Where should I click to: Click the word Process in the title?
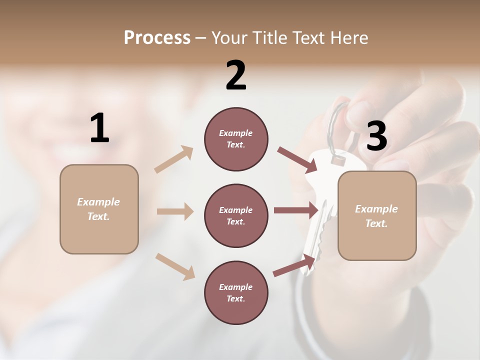(x=157, y=37)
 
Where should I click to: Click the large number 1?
(x=99, y=128)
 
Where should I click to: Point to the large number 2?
(x=236, y=75)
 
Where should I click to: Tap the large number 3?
(x=376, y=136)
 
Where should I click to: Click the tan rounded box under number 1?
(x=99, y=209)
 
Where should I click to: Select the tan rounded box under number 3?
(x=377, y=216)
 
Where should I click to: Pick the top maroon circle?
(x=236, y=139)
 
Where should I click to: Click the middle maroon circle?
(x=236, y=215)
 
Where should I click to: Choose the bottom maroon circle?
(x=236, y=292)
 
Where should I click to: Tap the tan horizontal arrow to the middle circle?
(x=175, y=211)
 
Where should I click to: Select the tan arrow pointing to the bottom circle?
(x=175, y=266)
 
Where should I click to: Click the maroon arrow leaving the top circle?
(x=297, y=159)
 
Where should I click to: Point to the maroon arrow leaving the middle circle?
(x=295, y=210)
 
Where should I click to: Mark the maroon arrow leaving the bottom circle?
(x=294, y=265)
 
